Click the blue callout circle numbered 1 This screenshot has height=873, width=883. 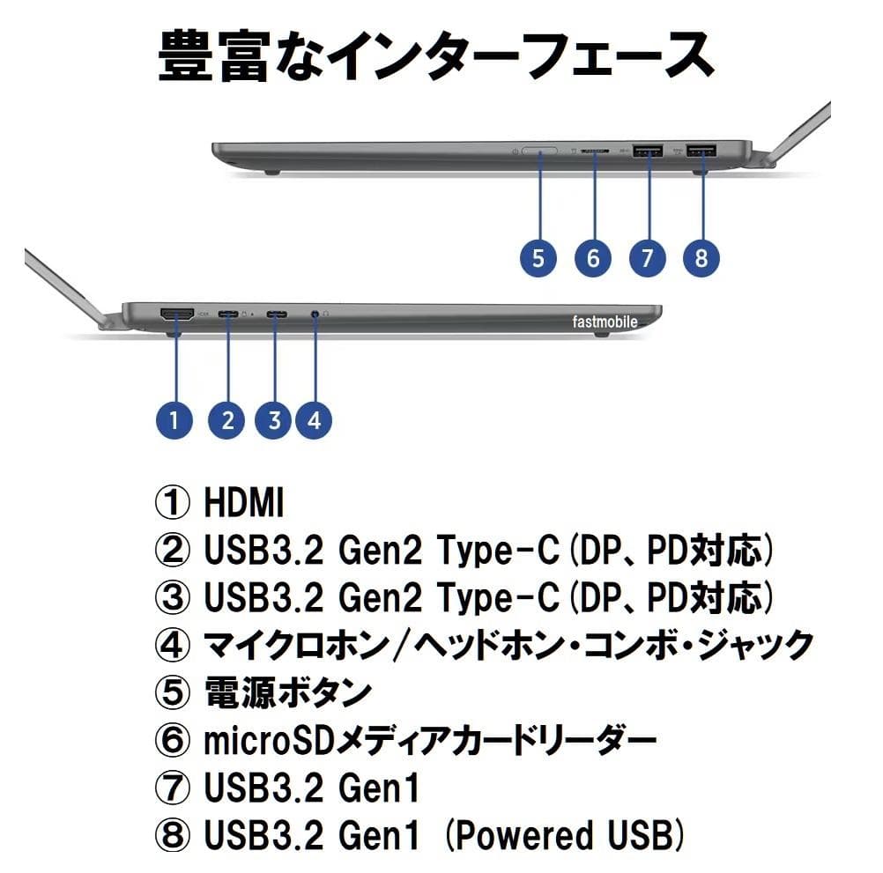click(x=174, y=419)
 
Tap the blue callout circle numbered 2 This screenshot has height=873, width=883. click(x=227, y=419)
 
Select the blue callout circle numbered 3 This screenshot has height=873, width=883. click(x=274, y=419)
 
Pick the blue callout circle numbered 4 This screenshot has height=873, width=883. click(x=314, y=419)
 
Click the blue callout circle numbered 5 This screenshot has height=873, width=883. click(x=538, y=257)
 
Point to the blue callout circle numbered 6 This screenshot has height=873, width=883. click(x=592, y=257)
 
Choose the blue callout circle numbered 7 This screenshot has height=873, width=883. click(x=648, y=257)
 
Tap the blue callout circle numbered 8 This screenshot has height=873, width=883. click(x=701, y=257)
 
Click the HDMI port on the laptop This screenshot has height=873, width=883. click(x=177, y=313)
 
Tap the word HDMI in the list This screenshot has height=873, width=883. click(x=244, y=504)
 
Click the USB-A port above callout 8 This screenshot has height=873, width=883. click(x=702, y=152)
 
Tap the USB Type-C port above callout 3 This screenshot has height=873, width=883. click(x=277, y=314)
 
